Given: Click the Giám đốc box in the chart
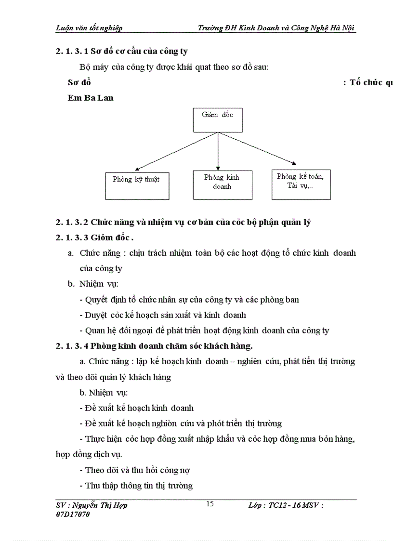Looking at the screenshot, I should [218, 120].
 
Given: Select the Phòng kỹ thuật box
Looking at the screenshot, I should [137, 185].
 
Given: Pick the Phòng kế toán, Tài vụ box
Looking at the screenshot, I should [301, 184].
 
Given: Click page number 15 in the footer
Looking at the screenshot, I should [210, 504].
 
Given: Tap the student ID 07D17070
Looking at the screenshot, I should [73, 515].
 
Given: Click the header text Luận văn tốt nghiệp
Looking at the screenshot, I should [89, 27].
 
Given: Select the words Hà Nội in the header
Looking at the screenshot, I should [344, 27].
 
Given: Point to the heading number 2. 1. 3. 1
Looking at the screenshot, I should [72, 52].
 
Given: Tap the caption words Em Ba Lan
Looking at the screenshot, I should [91, 98].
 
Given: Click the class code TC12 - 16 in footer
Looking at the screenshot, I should [287, 505].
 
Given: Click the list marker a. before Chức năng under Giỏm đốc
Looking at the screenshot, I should [71, 253].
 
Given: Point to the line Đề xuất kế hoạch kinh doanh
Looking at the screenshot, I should [137, 408].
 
